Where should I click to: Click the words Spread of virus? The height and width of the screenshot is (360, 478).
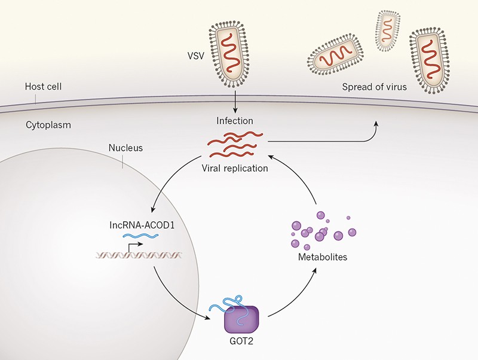(375, 87)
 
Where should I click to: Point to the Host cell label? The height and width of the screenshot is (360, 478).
(43, 87)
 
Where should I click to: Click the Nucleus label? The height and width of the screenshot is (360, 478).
(126, 148)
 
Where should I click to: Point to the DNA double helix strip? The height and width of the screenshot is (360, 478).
(139, 256)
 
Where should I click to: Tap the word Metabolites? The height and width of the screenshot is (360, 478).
(322, 258)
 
